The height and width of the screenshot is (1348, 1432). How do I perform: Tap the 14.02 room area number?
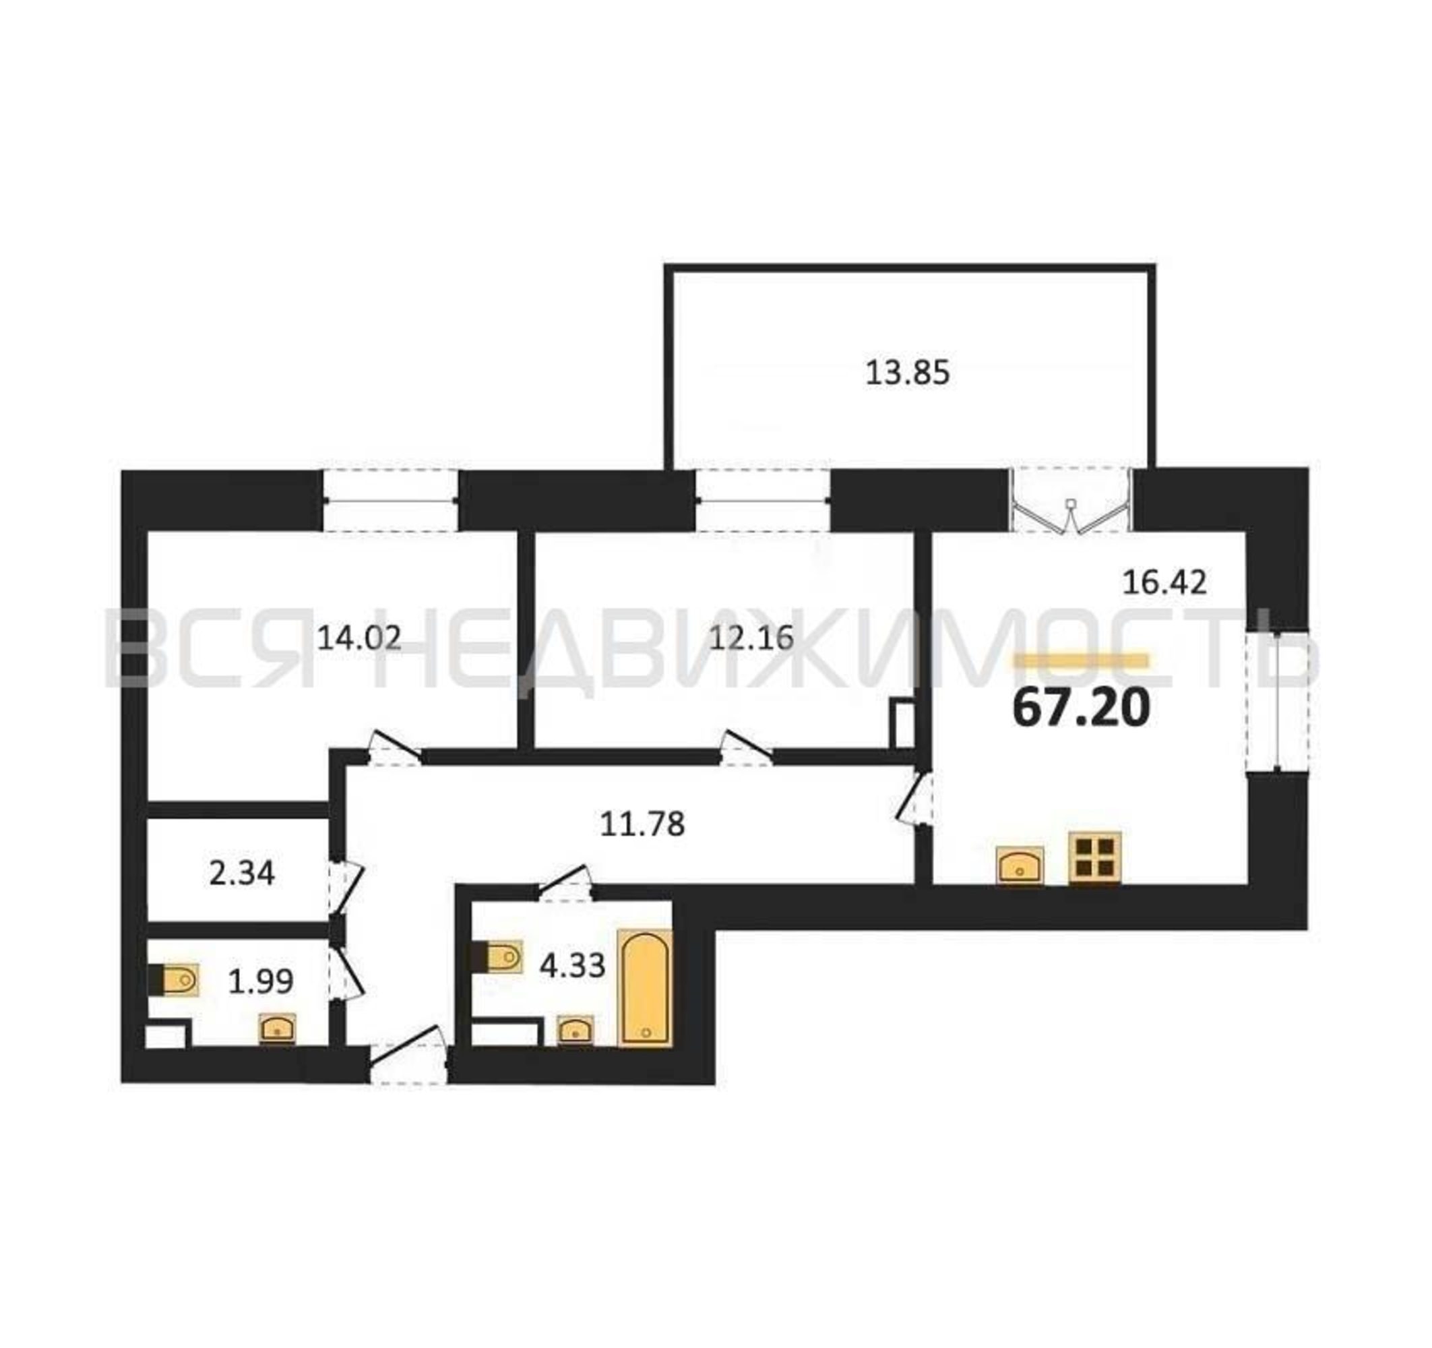(359, 638)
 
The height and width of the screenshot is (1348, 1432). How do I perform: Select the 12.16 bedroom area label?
(751, 638)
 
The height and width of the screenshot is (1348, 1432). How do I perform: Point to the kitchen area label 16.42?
(1164, 582)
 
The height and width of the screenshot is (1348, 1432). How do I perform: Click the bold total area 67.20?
(1080, 708)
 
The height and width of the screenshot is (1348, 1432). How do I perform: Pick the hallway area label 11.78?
(642, 824)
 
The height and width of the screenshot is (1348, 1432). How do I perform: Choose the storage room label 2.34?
(242, 874)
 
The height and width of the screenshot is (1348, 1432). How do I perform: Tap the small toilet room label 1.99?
(261, 982)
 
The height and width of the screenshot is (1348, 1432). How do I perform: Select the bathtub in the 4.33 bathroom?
(646, 988)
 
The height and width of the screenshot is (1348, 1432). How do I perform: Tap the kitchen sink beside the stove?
(1020, 865)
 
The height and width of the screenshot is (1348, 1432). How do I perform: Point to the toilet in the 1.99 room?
(173, 980)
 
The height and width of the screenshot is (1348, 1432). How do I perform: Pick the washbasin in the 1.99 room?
(278, 1028)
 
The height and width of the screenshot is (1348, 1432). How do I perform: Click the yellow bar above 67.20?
(1081, 661)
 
